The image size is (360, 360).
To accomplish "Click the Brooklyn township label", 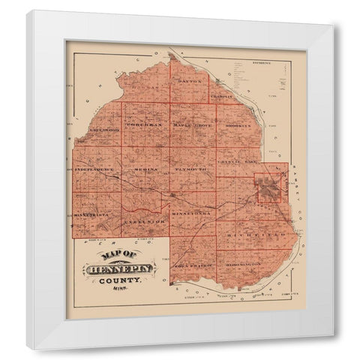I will coord(238,126).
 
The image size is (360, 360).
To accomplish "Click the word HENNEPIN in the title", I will coord(118,268).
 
